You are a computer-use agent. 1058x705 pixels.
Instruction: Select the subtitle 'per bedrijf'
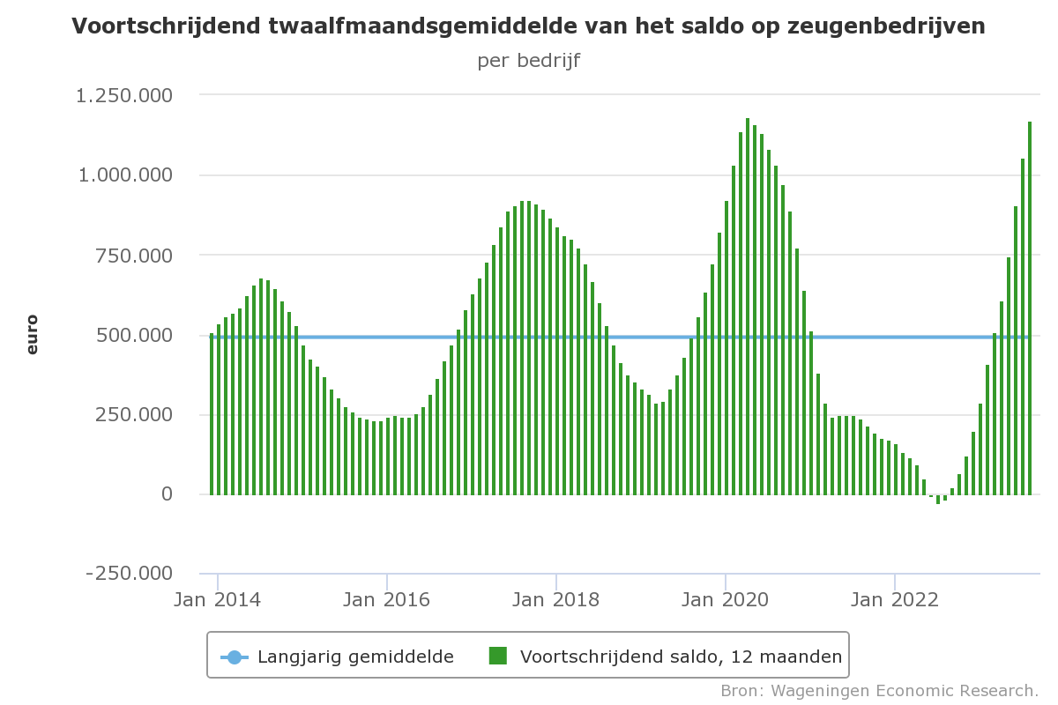528,61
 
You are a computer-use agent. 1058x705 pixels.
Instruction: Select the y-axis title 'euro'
33,335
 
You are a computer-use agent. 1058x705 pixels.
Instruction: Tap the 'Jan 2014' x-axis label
217,600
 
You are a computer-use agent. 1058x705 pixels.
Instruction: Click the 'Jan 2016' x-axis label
386,600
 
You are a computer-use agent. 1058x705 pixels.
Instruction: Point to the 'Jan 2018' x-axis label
555,600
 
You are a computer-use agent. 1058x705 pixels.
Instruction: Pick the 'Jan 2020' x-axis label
725,600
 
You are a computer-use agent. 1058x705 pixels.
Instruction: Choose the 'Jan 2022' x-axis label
894,600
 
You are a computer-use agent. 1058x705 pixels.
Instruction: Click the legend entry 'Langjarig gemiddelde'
355,657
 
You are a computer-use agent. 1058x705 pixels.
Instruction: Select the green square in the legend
498,656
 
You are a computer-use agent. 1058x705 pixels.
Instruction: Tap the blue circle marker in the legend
235,657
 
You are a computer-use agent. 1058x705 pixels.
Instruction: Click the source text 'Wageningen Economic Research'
904,690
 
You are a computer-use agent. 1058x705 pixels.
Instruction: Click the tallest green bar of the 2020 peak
748,308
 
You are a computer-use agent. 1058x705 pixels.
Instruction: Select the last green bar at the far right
1029,308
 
